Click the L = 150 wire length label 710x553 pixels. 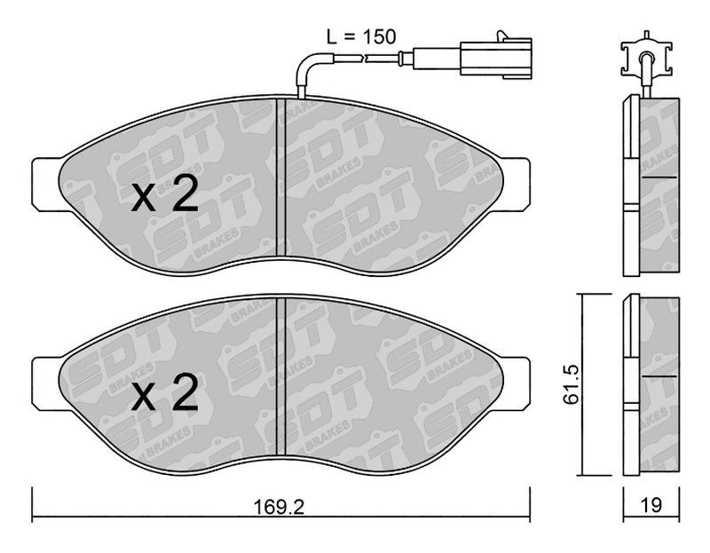pos(362,36)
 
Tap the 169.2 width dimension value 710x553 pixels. pos(279,507)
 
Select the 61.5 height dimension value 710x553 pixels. pos(572,385)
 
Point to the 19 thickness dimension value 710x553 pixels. pos(651,504)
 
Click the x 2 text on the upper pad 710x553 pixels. pos(165,194)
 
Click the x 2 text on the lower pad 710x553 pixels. pos(165,392)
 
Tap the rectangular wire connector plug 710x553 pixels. pos(496,56)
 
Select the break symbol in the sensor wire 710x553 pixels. pos(365,58)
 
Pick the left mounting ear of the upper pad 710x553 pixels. pos(46,184)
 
